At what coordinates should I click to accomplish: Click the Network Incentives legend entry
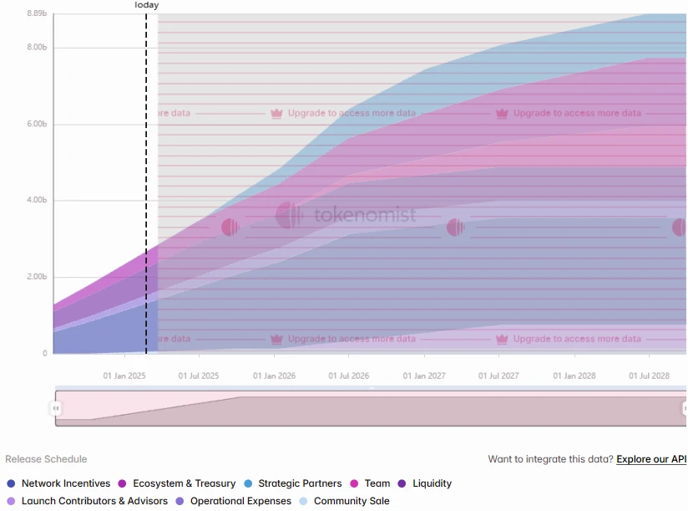click(65, 483)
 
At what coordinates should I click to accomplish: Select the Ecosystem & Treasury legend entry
click(184, 483)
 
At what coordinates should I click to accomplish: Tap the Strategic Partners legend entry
click(300, 483)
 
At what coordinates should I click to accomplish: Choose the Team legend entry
click(377, 483)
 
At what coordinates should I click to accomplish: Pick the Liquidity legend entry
click(432, 483)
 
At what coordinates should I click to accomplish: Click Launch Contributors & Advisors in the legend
click(94, 501)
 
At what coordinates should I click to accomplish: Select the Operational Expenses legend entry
click(240, 501)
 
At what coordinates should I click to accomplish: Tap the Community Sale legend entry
click(351, 501)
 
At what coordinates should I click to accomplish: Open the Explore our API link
click(651, 459)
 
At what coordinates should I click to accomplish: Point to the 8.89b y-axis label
click(37, 13)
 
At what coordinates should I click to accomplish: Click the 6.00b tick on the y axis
click(37, 125)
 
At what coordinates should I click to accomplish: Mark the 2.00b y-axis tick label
click(37, 278)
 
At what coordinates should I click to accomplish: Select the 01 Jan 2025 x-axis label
click(124, 376)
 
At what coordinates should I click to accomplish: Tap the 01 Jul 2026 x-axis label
click(349, 376)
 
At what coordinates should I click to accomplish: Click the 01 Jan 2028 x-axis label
click(574, 376)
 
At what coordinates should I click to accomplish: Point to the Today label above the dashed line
click(146, 5)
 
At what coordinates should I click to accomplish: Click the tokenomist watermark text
click(365, 216)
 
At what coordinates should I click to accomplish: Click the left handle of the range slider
click(56, 408)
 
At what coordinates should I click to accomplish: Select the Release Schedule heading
click(46, 459)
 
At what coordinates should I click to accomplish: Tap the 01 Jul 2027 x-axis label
click(499, 376)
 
